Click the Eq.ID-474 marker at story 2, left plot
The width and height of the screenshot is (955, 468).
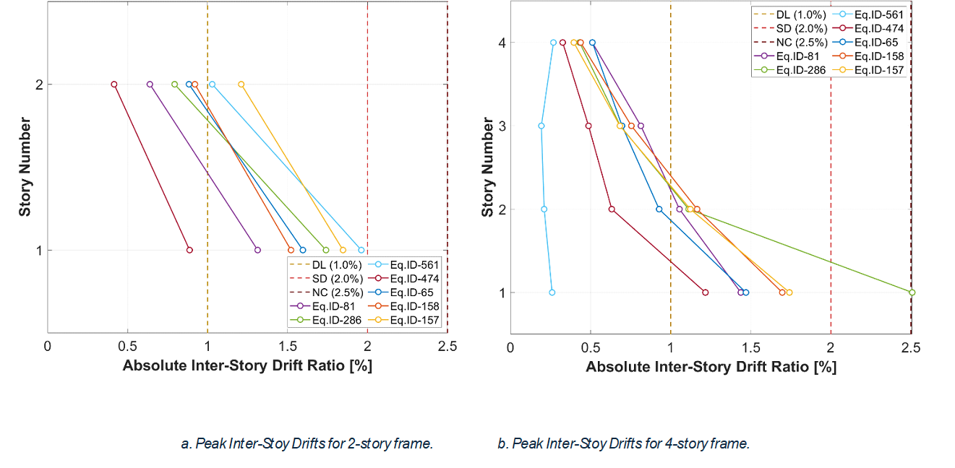click(x=114, y=84)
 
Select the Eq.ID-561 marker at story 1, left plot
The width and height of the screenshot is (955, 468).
click(x=361, y=250)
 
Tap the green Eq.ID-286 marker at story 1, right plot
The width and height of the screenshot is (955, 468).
click(x=912, y=292)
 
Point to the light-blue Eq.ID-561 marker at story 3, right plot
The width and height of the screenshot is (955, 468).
click(x=541, y=126)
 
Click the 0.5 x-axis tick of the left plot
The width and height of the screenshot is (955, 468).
click(x=128, y=346)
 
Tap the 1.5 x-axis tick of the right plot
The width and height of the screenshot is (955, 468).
click(x=750, y=346)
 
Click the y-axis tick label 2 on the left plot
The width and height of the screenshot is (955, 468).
click(x=39, y=84)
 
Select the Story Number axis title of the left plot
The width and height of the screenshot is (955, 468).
click(x=25, y=167)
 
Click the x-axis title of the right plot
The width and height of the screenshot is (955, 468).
click(x=711, y=367)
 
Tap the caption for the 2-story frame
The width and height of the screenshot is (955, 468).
click(x=307, y=443)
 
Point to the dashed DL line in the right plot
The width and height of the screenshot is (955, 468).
click(x=671, y=181)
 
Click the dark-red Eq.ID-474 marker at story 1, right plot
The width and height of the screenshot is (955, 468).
click(x=706, y=292)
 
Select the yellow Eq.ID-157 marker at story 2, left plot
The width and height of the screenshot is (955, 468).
click(x=241, y=84)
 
